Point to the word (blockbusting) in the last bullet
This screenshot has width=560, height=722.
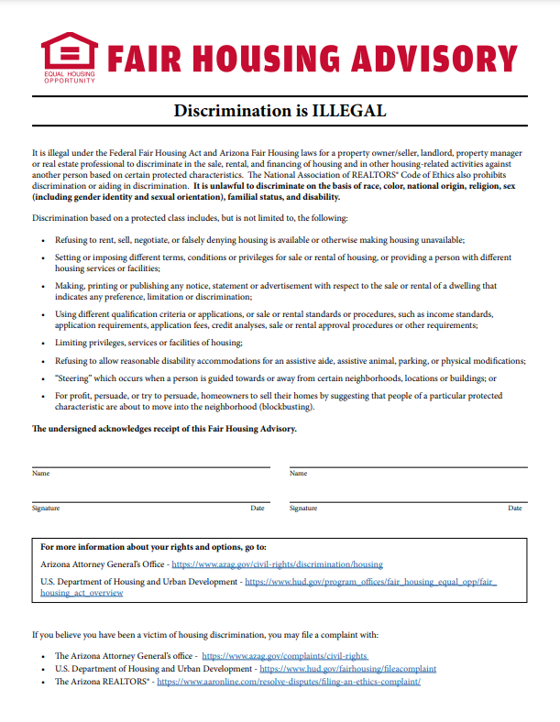pos(282,406)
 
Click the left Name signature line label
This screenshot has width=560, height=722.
pos(40,474)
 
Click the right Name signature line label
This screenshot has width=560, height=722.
pos(298,474)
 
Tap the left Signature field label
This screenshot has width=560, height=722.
pos(46,508)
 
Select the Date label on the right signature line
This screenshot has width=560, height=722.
pos(517,508)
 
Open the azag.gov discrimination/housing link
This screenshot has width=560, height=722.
pos(277,564)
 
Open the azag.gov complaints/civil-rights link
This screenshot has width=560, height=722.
pos(284,656)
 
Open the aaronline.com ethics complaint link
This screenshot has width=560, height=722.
pos(289,682)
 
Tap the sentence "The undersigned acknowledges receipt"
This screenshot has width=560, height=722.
pos(164,429)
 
